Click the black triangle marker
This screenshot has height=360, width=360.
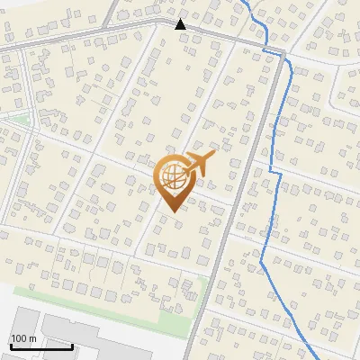(x=181, y=24)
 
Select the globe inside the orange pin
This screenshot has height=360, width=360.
(x=171, y=175)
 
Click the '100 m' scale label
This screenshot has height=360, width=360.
(x=23, y=338)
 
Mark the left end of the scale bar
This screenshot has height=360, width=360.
(x=12, y=346)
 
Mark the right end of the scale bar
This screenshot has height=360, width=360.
(x=72, y=346)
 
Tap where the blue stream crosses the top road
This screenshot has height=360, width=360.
(x=267, y=41)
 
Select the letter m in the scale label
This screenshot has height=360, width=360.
(x=31, y=338)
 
